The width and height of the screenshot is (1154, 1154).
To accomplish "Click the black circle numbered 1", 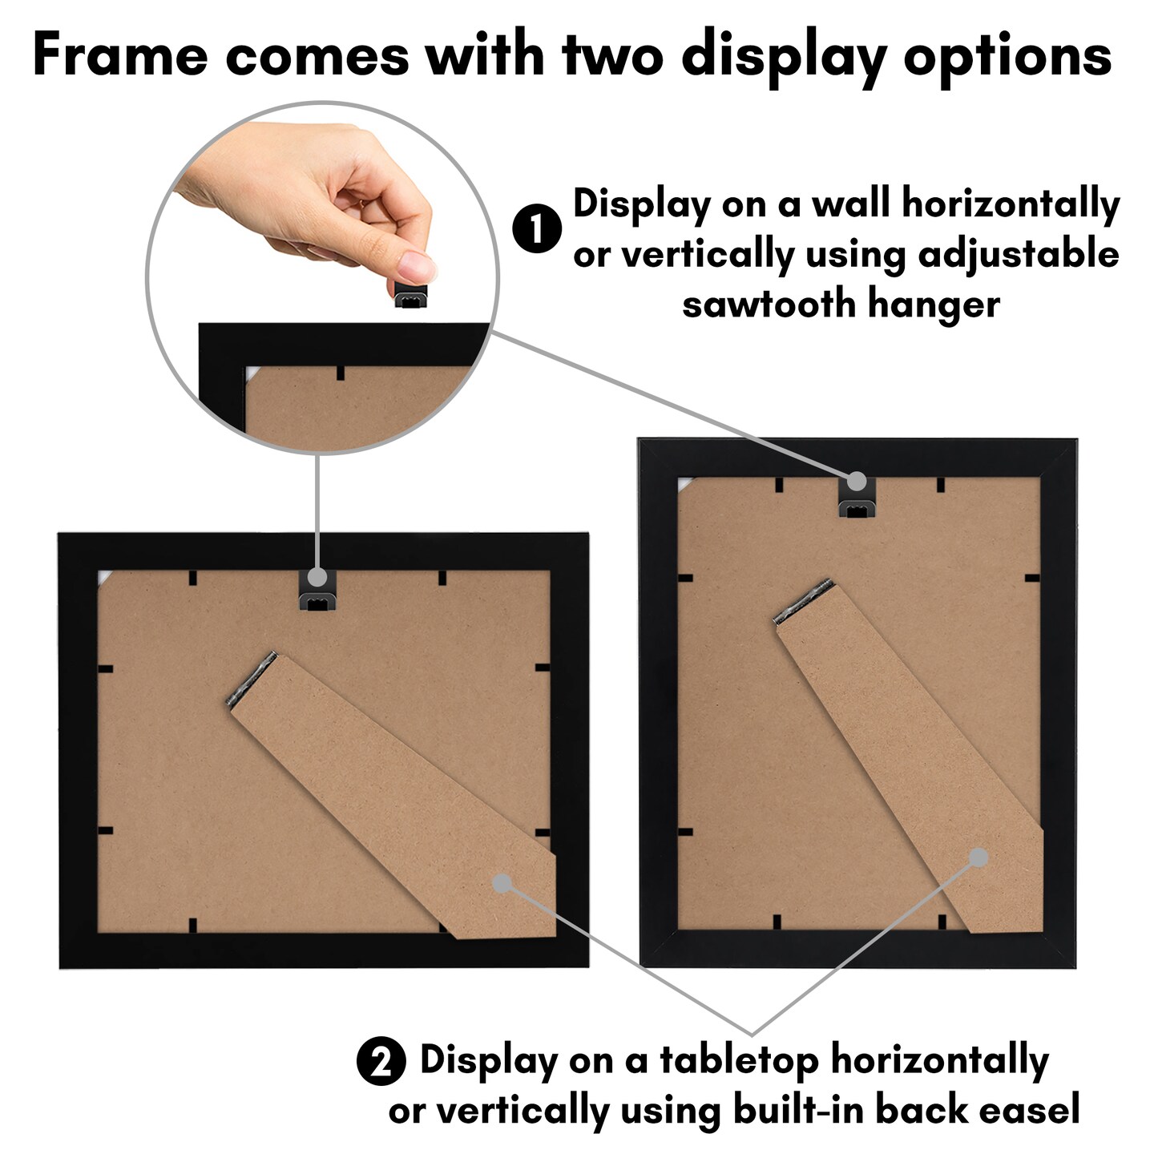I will point(537,228).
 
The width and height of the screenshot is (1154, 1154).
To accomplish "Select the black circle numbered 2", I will point(381,1062).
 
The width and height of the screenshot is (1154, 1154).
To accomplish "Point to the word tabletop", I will point(739,1061).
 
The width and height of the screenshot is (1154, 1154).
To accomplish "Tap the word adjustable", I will point(1018,256).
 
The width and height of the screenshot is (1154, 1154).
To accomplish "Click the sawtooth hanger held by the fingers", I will point(411,295).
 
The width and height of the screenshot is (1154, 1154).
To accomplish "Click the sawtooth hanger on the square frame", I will point(318,593).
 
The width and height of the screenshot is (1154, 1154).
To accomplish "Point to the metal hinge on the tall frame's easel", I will point(804,601).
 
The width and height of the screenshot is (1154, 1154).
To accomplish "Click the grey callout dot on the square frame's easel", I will point(502,883).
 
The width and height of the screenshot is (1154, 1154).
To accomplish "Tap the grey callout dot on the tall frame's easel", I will point(978,857).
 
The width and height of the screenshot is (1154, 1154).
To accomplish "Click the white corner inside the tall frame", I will point(684,485).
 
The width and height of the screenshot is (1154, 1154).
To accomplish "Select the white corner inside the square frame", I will point(103,579).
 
